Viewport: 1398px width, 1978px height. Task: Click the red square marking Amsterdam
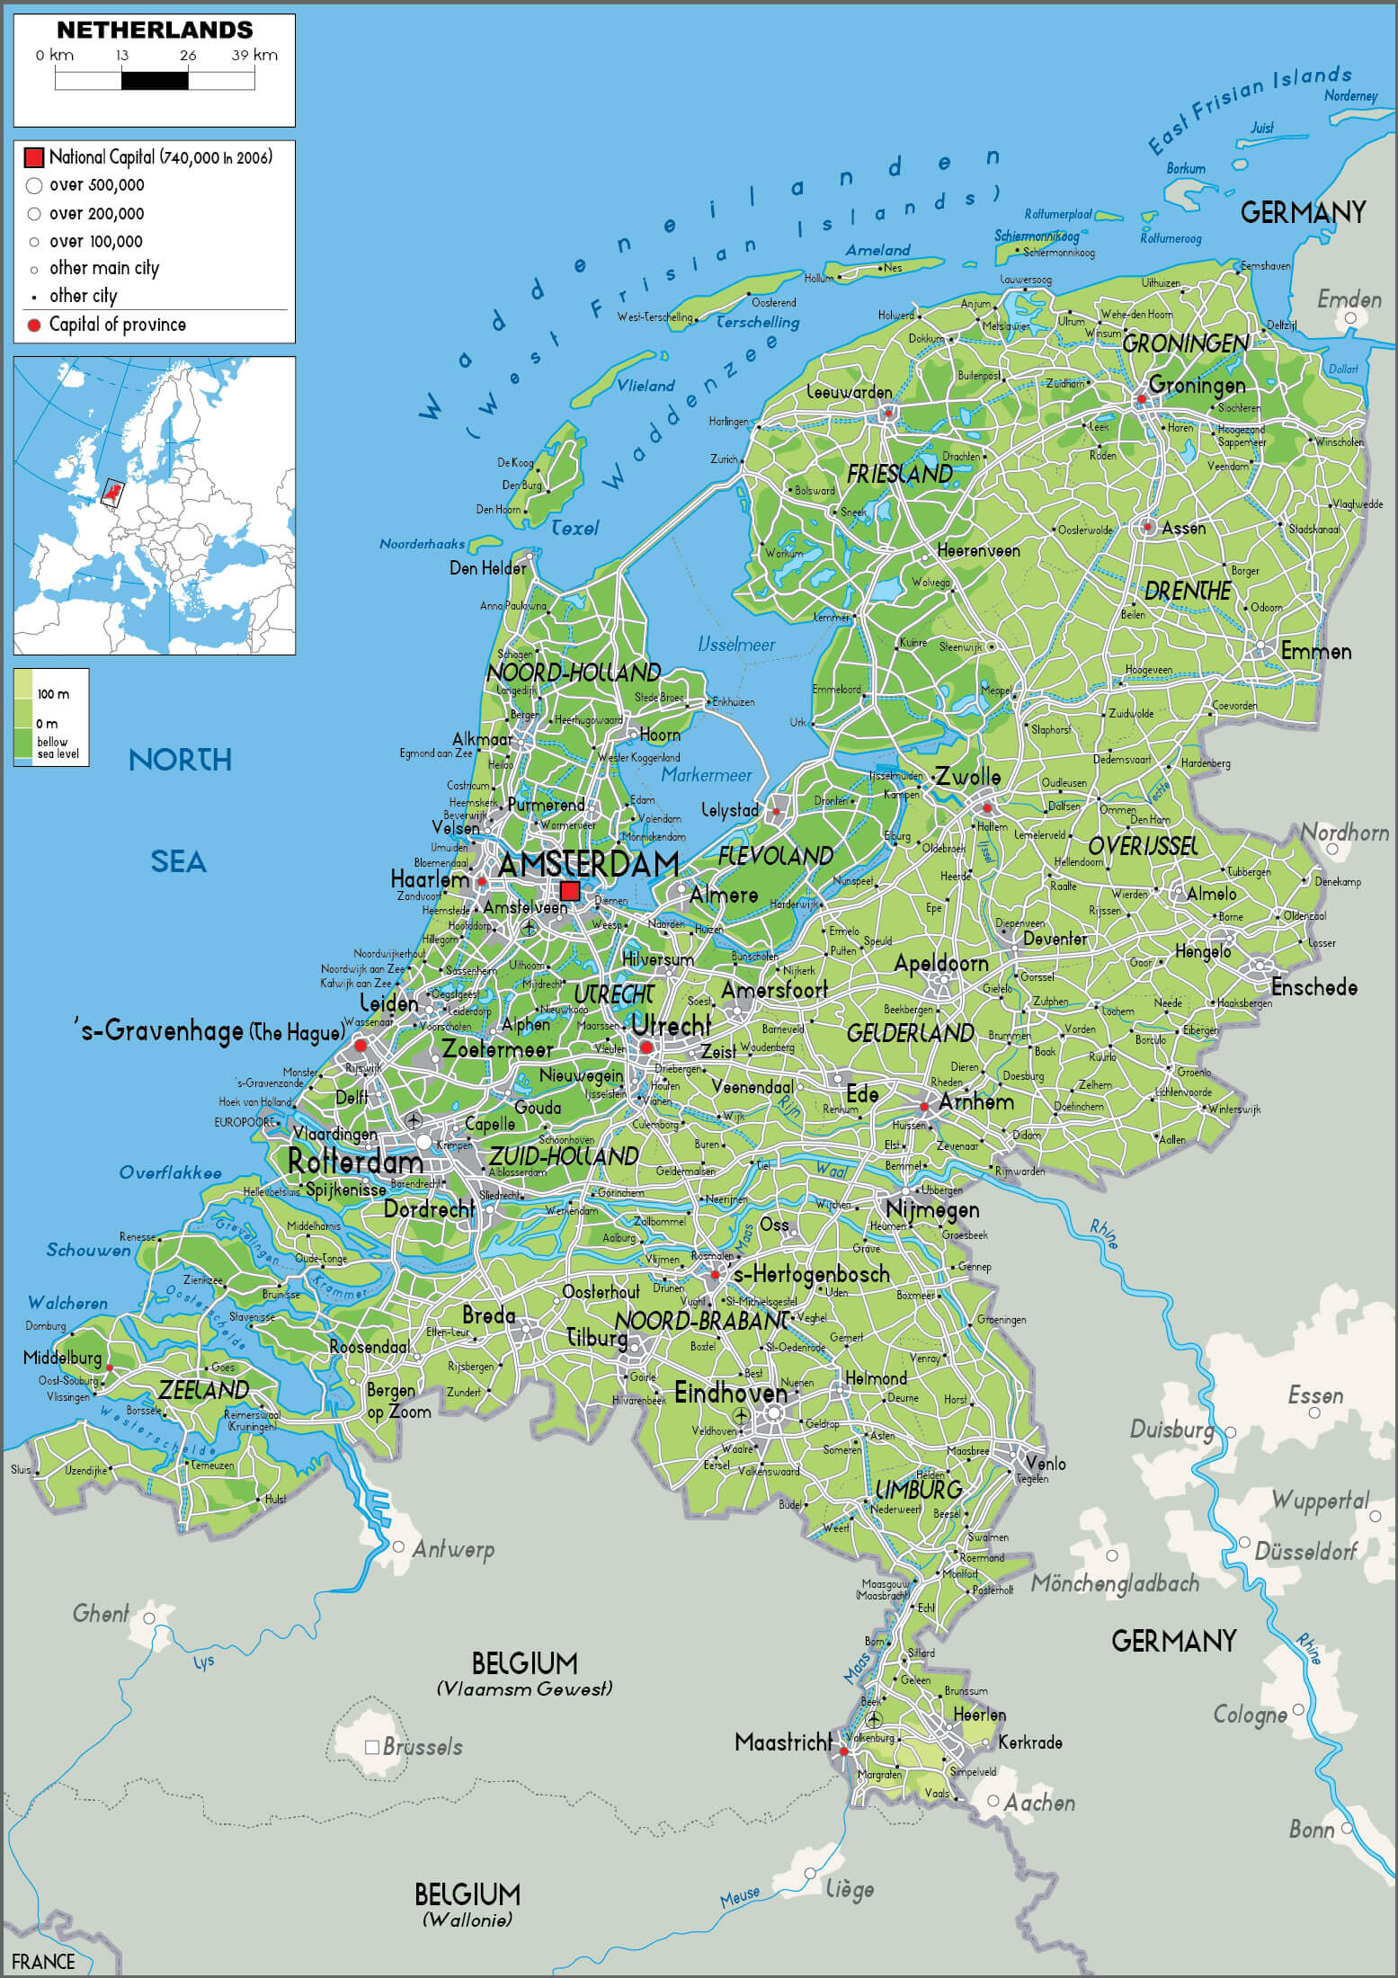coord(570,890)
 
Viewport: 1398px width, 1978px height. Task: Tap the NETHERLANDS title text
coord(155,30)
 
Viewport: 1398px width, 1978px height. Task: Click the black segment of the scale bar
coord(155,81)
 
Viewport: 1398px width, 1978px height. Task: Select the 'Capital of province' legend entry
coord(117,325)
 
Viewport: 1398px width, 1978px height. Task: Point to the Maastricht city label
coord(782,1742)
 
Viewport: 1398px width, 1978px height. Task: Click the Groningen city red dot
coord(1142,398)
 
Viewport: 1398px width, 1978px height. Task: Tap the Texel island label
coord(574,528)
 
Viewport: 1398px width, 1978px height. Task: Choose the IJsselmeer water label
coord(736,644)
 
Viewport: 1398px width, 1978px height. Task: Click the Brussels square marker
coord(371,1747)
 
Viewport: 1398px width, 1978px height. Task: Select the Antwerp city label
coord(453,1549)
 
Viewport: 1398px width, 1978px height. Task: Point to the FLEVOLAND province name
coord(775,856)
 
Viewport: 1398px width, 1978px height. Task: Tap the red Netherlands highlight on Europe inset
coord(113,490)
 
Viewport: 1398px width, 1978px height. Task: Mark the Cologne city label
coord(1250,1715)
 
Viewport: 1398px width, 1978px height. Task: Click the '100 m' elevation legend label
coord(52,694)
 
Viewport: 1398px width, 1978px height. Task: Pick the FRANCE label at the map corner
coord(43,1961)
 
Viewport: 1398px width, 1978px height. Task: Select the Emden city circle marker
coord(1350,318)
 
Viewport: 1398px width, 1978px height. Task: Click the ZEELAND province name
coord(204,1390)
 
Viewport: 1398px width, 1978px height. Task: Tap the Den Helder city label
coord(487,568)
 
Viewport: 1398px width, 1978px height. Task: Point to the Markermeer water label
coord(707,775)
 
